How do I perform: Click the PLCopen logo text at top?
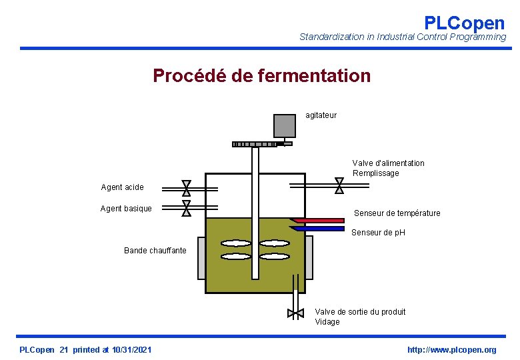pos(464,23)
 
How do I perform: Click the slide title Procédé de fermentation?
pos(261,76)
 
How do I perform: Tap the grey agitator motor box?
pos(285,125)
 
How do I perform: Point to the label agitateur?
pos(321,115)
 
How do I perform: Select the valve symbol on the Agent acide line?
pos(187,187)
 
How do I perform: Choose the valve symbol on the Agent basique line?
pos(187,209)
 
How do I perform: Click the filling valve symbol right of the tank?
pos(339,185)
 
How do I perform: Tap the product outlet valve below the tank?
pos(295,313)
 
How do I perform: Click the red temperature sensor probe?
pos(318,220)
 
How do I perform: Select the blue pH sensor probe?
pos(318,228)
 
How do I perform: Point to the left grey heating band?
pos(201,258)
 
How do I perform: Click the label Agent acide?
pos(122,187)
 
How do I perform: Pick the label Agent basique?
pos(126,209)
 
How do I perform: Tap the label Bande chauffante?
pos(155,251)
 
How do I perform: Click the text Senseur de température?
pos(397,213)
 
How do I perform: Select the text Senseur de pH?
pos(378,233)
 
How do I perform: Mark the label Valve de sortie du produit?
pos(360,312)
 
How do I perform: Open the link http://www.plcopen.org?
pos(451,350)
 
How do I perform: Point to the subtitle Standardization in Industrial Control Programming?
pos(403,37)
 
